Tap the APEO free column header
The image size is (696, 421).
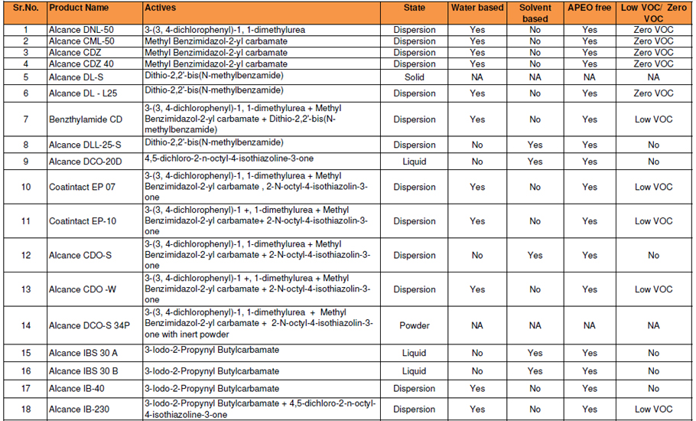[x=589, y=8]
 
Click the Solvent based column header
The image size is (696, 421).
[x=535, y=13]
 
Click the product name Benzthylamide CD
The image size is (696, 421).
[x=85, y=119]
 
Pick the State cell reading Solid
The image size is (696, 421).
[x=414, y=77]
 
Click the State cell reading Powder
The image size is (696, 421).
[x=415, y=325]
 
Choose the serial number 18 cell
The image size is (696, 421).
[x=25, y=409]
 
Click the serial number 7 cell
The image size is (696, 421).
[x=25, y=119]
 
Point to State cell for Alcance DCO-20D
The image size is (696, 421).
[x=414, y=162]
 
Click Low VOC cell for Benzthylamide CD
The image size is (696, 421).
[x=653, y=119]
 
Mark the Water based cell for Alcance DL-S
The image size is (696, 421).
[x=477, y=77]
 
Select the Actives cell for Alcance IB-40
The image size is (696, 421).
[x=212, y=389]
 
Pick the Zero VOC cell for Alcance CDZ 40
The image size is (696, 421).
[x=653, y=64]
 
